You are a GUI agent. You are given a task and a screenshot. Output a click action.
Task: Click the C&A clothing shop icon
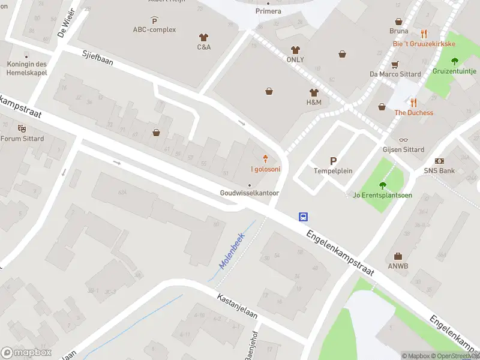tap(203, 37)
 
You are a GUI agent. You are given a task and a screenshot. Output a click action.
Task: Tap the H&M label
tap(314, 103)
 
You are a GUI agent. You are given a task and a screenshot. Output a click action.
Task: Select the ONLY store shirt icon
tap(295, 50)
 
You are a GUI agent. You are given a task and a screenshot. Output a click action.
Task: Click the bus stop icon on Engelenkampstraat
tap(304, 217)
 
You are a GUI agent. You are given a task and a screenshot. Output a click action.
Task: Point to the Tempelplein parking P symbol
tap(333, 161)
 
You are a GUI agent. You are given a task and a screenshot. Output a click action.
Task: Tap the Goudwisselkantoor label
tap(250, 193)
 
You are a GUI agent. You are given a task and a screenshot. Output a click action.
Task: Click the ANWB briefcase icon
tap(398, 256)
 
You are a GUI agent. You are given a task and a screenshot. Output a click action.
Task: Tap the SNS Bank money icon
tap(440, 161)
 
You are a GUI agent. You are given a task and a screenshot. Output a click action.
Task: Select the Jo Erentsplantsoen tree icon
tap(382, 185)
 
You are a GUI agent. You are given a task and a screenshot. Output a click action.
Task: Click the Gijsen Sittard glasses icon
tap(403, 140)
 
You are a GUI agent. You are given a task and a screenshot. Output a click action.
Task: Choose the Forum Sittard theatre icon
tap(22, 128)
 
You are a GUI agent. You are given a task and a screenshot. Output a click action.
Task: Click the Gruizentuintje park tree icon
tap(454, 61)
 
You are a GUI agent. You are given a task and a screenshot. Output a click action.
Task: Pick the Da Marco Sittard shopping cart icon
tap(395, 64)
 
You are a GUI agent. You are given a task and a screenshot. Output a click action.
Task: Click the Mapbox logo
tap(26, 352)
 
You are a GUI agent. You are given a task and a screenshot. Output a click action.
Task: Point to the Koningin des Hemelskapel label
tap(27, 68)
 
